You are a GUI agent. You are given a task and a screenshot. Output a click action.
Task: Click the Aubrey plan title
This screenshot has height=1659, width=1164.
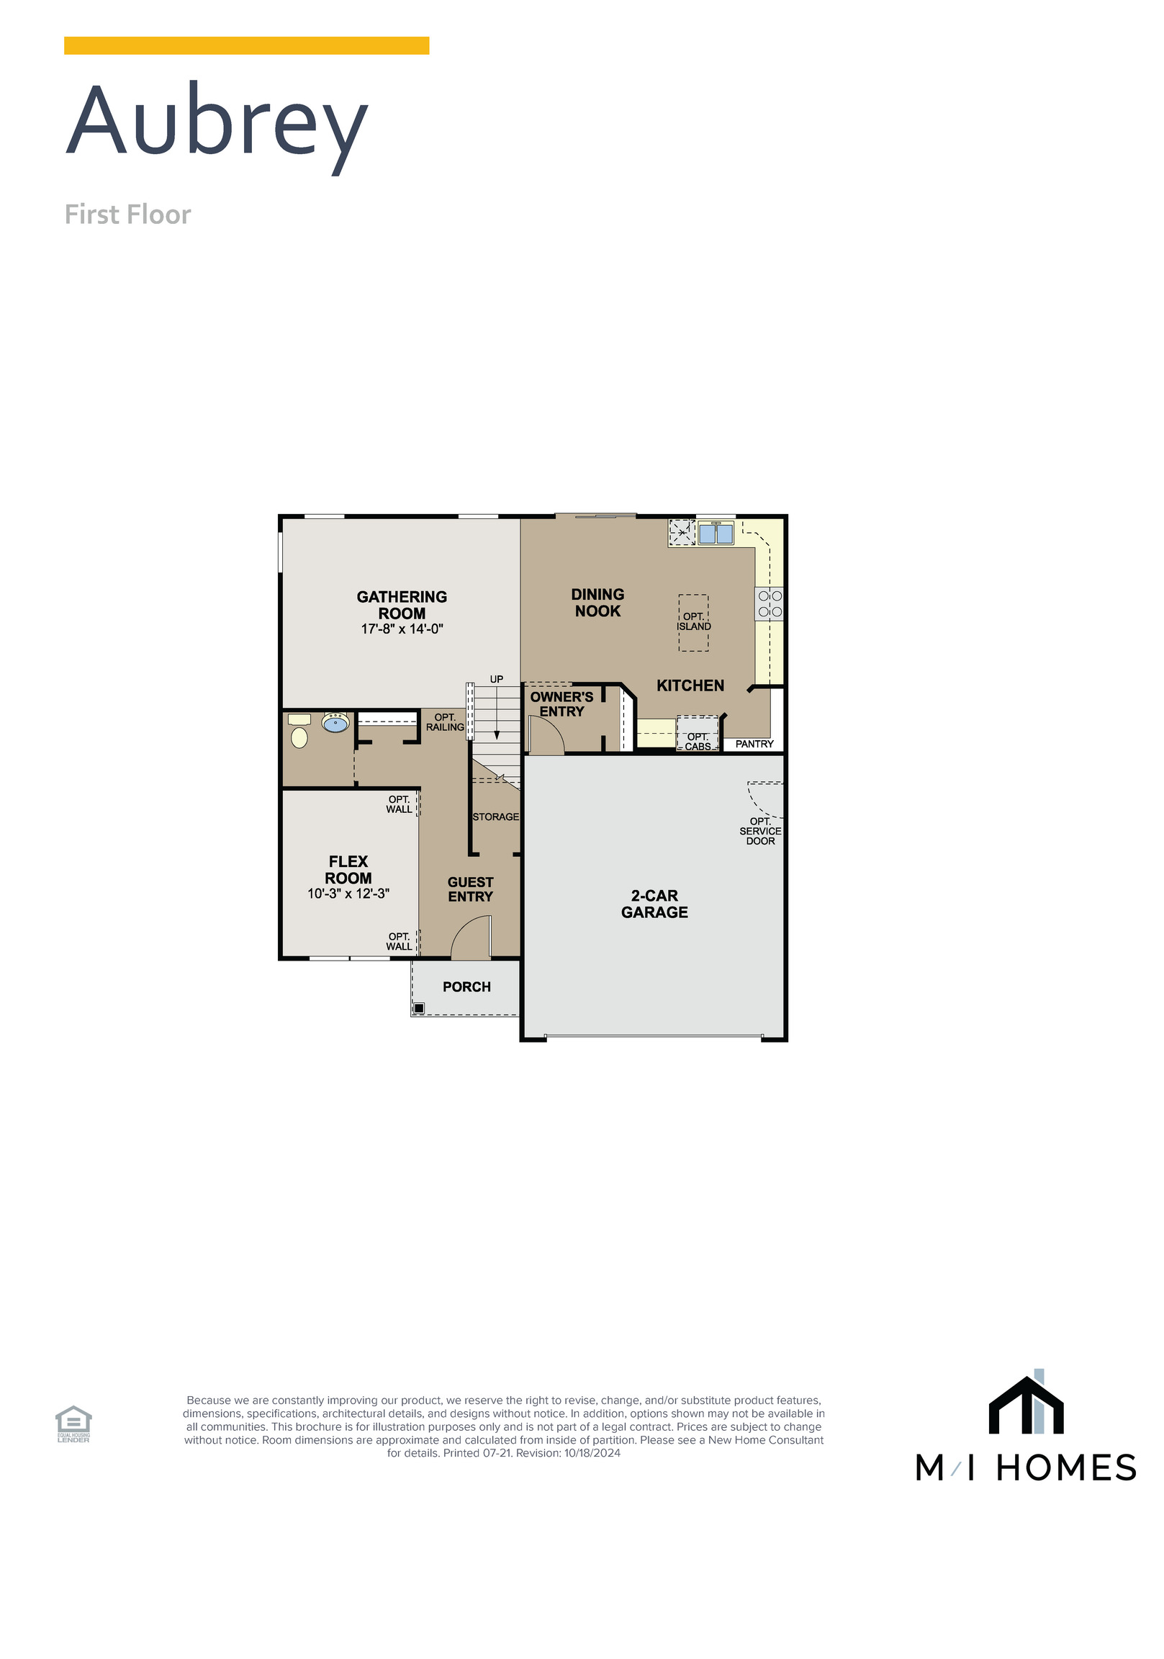[217, 122]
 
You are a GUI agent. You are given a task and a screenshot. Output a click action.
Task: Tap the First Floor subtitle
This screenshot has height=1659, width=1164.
[127, 215]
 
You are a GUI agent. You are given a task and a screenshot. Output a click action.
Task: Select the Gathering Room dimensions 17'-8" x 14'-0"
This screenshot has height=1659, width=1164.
[402, 629]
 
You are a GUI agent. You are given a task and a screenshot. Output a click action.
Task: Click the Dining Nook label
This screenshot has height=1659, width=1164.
[597, 602]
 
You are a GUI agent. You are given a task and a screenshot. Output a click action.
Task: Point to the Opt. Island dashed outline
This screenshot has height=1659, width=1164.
[693, 622]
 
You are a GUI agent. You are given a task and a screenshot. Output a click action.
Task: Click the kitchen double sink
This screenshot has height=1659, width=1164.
[716, 534]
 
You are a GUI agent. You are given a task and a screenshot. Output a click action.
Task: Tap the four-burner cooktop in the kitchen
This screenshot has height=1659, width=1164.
[770, 603]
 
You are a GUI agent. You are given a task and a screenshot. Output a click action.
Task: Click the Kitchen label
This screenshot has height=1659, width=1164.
[690, 685]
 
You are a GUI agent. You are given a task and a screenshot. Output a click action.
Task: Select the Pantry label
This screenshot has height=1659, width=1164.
[754, 744]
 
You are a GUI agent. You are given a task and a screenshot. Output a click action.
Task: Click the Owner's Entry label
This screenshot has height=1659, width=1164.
[561, 703]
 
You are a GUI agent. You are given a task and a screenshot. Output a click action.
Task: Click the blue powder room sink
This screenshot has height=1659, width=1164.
[335, 722]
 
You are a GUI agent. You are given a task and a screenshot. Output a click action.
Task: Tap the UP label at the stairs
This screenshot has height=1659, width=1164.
[497, 679]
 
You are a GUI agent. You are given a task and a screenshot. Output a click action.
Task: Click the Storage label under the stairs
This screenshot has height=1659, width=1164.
[496, 817]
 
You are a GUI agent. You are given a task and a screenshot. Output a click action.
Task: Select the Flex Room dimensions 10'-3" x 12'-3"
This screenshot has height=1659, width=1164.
[348, 893]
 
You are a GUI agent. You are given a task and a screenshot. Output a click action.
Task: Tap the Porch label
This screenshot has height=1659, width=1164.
[466, 986]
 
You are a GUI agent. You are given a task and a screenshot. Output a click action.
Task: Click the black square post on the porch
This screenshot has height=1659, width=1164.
[419, 1008]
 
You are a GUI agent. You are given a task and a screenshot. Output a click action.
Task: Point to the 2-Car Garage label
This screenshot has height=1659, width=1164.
[654, 904]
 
